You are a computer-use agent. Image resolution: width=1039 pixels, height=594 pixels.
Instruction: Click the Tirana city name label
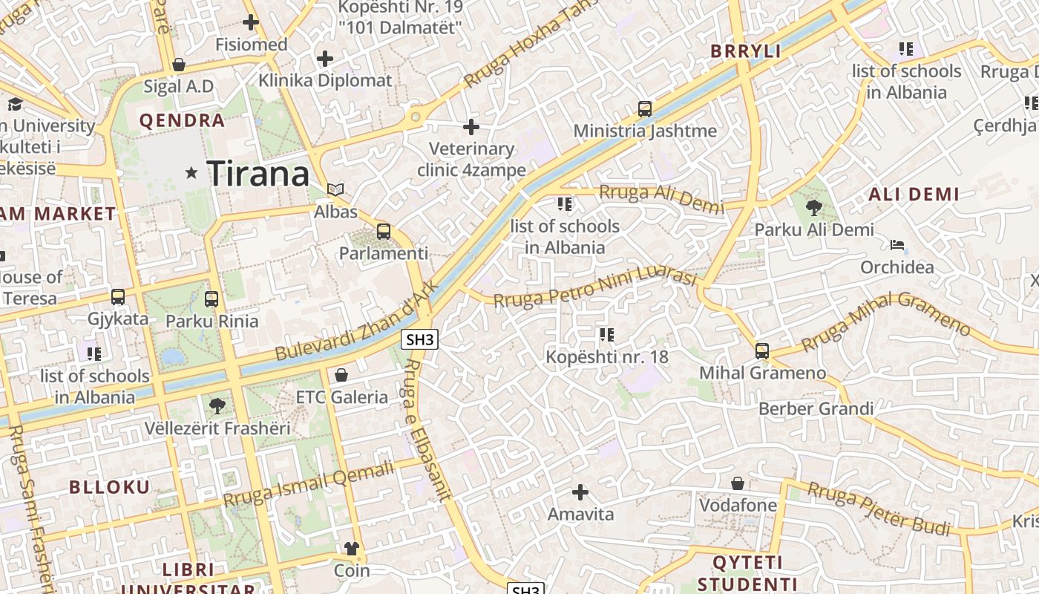pos(258,174)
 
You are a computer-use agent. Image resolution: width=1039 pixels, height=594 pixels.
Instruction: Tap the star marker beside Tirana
pos(191,173)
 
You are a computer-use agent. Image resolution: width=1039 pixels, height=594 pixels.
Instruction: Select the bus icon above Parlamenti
pos(384,232)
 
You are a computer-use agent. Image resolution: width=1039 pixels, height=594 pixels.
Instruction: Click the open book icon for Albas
pos(335,190)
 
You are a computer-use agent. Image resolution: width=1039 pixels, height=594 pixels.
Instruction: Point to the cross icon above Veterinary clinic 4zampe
pos(471,128)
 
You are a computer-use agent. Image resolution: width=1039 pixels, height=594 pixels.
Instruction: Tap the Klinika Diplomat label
pos(325,80)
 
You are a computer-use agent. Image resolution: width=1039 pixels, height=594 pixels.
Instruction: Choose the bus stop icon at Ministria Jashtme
pos(645,109)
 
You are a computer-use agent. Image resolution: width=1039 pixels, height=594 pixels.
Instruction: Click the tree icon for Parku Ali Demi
pos(813,208)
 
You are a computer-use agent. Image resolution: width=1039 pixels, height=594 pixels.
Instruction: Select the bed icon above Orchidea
pos(897,245)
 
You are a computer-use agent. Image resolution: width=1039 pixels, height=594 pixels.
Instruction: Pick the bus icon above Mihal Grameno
pos(762,351)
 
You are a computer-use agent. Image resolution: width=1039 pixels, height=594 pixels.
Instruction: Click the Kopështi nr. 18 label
pos(607,357)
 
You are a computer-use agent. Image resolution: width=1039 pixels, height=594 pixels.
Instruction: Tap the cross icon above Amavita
pos(580,492)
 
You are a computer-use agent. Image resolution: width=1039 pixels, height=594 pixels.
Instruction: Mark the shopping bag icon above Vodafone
pos(738,484)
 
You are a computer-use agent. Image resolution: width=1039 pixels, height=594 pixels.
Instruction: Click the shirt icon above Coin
pos(351,549)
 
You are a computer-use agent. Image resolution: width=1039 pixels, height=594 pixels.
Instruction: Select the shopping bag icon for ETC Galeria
pos(341,375)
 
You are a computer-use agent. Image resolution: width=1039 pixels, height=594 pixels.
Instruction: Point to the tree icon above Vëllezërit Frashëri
pos(217,406)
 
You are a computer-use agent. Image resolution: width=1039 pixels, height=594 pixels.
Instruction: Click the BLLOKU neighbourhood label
pos(110,487)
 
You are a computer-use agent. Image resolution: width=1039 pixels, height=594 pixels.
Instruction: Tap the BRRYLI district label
pos(746,51)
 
